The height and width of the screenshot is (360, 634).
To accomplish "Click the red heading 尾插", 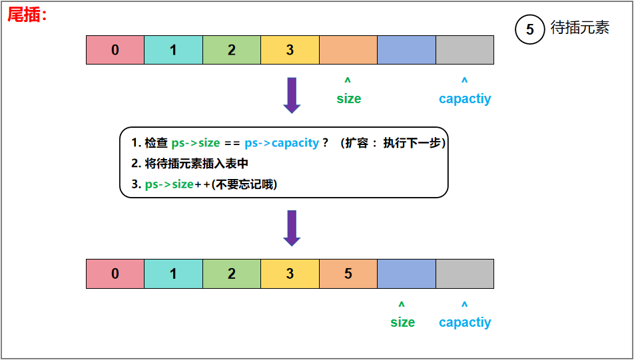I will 25,15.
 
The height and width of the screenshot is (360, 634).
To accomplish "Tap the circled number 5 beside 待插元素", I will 530,29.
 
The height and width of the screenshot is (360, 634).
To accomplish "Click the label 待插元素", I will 580,29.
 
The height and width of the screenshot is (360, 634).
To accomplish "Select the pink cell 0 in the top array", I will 115,50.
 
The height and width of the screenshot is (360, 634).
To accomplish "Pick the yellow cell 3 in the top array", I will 290,50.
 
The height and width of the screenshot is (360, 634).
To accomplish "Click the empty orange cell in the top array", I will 348,50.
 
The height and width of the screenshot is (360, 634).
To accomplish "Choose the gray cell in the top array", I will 465,50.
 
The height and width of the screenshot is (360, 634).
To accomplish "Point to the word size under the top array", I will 348,98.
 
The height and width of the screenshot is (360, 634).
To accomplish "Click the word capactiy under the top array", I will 465,98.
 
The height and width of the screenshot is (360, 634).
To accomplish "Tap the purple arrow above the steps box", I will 292,94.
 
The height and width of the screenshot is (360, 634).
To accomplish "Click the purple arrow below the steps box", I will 292,228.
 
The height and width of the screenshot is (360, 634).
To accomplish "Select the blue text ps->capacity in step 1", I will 282,143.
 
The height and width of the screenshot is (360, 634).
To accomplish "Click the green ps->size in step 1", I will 196,143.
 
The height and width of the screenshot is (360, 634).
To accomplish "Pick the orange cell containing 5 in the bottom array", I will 348,273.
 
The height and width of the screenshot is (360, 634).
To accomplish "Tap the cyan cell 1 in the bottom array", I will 173,273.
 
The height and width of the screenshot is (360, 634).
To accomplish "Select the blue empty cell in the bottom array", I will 406,273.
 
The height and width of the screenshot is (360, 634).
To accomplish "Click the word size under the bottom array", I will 402,322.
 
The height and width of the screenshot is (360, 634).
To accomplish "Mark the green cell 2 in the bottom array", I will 232,273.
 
